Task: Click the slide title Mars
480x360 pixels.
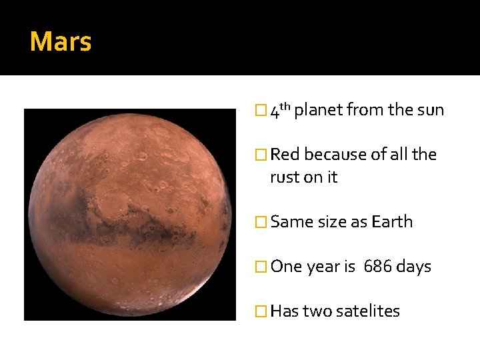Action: (x=61, y=42)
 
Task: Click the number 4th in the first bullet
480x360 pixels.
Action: (x=279, y=110)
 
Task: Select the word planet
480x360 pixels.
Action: (x=318, y=110)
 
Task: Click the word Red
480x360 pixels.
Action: (x=285, y=155)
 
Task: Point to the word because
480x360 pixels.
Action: (x=336, y=155)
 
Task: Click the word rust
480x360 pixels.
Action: (x=285, y=177)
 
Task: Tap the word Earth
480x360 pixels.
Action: (x=392, y=222)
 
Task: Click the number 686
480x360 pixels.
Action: (x=377, y=267)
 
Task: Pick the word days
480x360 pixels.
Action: (x=414, y=267)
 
